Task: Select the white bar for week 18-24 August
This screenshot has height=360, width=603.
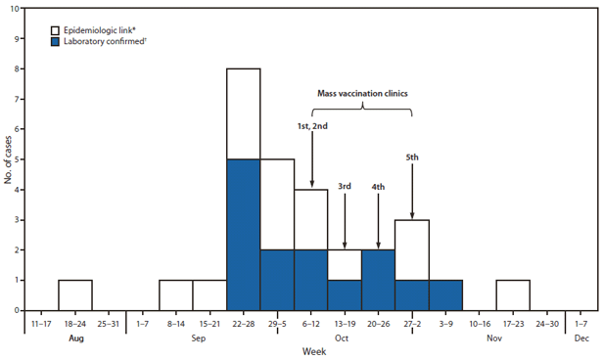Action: coord(74,294)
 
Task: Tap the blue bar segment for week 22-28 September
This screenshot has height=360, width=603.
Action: coord(244,235)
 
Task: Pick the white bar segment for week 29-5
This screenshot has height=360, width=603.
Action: coord(277,204)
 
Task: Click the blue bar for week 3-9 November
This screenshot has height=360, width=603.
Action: coord(445,294)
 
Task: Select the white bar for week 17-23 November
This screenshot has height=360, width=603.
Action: coord(513,294)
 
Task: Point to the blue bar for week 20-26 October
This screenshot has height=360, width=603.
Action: coord(378,280)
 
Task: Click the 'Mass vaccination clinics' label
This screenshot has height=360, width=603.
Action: coord(360,93)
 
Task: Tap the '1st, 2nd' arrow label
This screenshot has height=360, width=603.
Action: coord(312,126)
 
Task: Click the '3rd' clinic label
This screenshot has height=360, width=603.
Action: coord(345,186)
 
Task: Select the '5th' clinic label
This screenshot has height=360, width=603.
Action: coord(412,157)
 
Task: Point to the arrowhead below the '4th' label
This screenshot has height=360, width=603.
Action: coord(378,245)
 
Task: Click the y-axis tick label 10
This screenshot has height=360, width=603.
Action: coord(13,9)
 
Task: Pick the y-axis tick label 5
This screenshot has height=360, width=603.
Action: coord(15,159)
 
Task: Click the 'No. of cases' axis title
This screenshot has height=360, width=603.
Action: coord(8,159)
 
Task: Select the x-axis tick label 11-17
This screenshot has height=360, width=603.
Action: coord(40,321)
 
